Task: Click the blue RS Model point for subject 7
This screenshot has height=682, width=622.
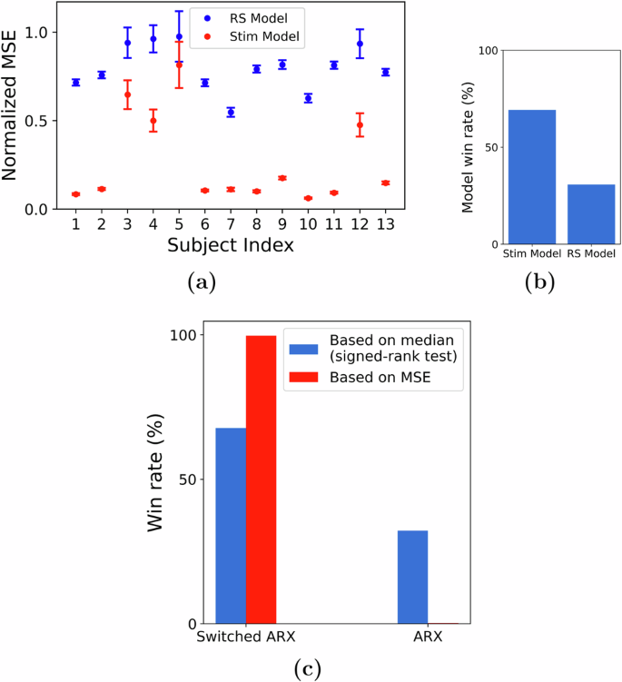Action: click(x=231, y=113)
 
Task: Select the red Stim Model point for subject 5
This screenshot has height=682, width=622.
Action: click(x=179, y=65)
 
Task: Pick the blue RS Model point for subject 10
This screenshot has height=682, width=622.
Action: click(x=308, y=98)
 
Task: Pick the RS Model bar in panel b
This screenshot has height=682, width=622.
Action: click(x=591, y=214)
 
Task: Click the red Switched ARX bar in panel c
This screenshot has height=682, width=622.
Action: click(x=261, y=479)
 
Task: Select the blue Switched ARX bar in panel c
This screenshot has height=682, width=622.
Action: click(x=231, y=526)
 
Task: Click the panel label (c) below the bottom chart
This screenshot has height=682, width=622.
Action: click(x=308, y=669)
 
